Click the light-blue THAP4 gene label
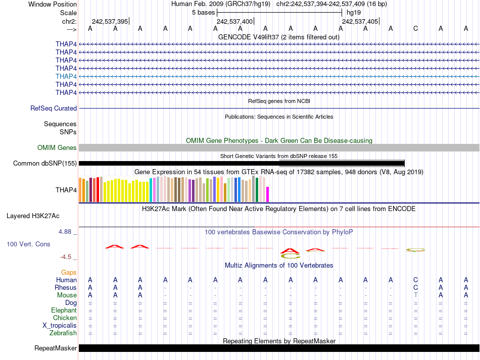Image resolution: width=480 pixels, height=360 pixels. coord(66,76)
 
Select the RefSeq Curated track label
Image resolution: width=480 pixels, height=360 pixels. coord(54,108)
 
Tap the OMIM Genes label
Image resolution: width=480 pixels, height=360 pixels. coord(57,148)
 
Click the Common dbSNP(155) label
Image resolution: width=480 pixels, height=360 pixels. coord(45,163)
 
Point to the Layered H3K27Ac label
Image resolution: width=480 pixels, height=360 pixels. coord(33,216)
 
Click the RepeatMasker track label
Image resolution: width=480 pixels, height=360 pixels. coord(56,348)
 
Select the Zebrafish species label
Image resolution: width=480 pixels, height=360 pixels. coord(63,333)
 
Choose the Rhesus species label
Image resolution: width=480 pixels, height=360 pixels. coord(66,288)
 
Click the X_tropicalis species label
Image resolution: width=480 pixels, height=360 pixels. coord(60,326)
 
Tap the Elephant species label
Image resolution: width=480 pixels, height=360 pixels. coord(64,311)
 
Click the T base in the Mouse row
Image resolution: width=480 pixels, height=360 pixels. coord(415,295)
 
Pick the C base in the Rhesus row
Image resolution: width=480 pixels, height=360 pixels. coord(415,288)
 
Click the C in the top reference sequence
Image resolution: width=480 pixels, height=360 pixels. coord(415,28)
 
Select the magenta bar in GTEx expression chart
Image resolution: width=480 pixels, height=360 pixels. coord(267,194)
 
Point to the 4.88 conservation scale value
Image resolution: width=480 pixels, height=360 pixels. coord(67,232)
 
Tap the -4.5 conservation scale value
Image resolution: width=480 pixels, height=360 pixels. coord(67,256)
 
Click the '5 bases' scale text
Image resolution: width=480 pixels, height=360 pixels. coord(203,13)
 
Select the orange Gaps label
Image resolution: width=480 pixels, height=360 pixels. coord(69,272)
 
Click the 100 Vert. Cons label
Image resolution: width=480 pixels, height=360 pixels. coord(28,244)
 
